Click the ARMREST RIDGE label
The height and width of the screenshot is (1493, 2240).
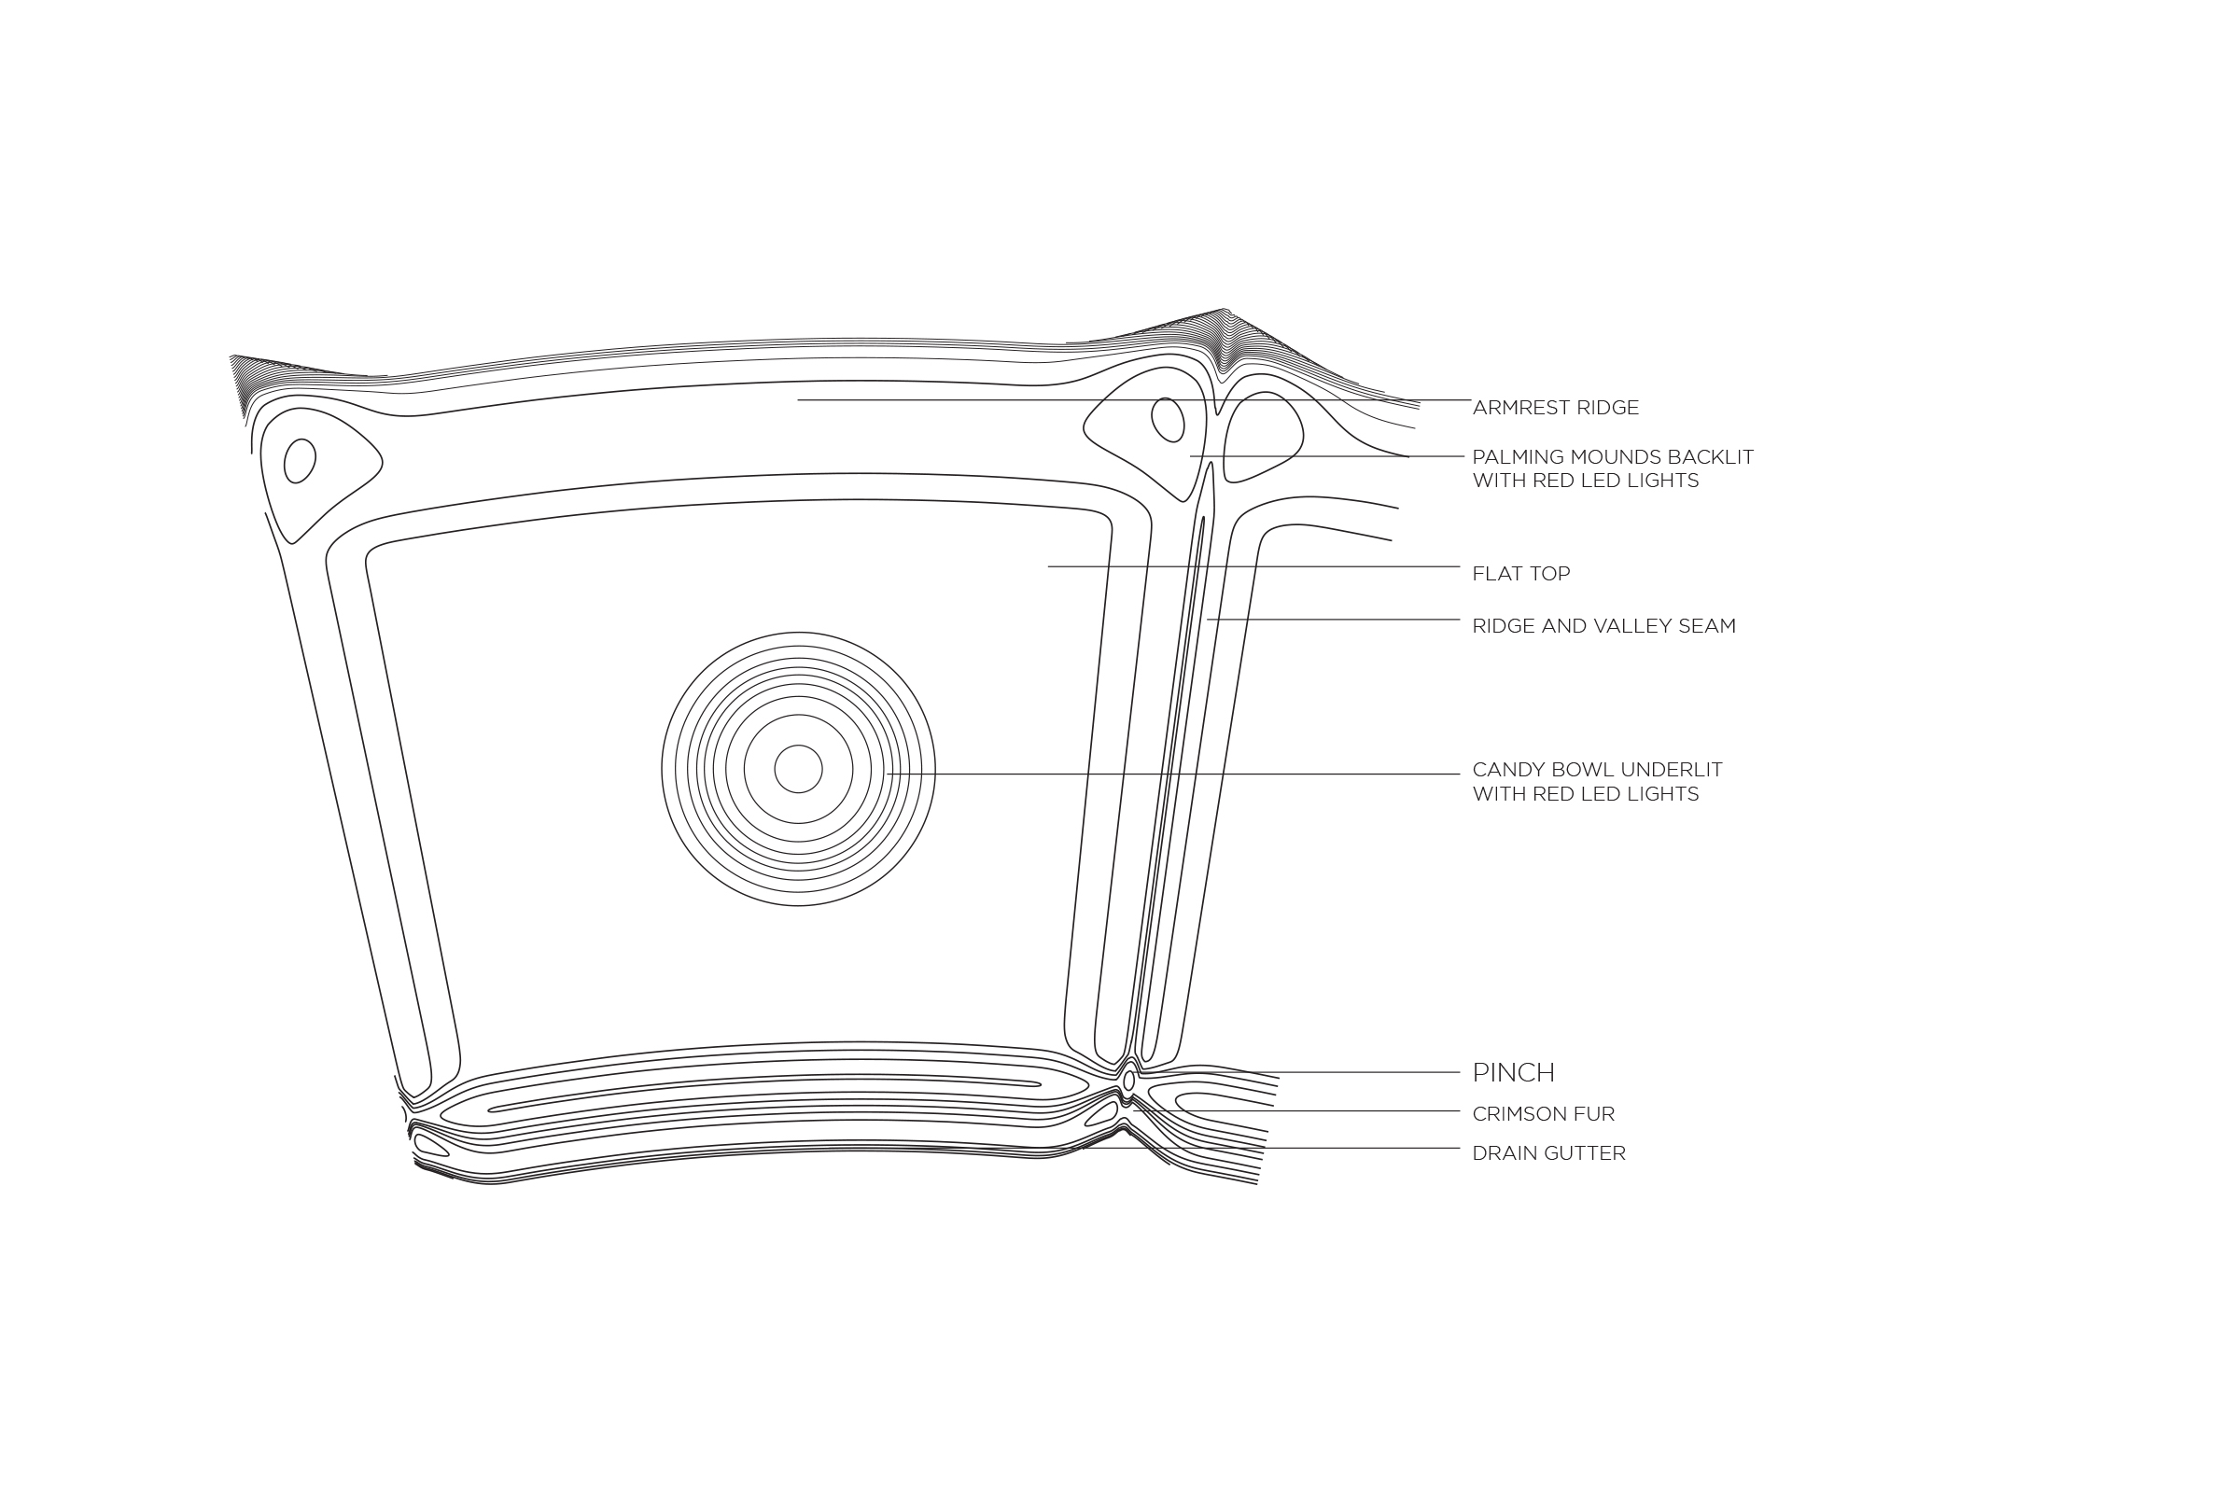coord(1555,409)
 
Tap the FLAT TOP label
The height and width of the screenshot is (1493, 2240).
coord(1521,574)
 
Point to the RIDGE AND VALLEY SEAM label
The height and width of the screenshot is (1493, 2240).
coord(1603,626)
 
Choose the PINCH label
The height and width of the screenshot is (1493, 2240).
coord(1513,1073)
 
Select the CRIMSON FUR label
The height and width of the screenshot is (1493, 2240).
coord(1543,1114)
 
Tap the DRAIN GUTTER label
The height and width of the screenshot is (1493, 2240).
coord(1548,1154)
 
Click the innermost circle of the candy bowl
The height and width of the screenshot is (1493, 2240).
coord(798,768)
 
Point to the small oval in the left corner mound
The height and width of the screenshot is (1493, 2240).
coord(299,461)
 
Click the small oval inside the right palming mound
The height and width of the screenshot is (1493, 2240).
coord(1168,420)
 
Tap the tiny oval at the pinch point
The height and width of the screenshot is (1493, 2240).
coord(1128,1081)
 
